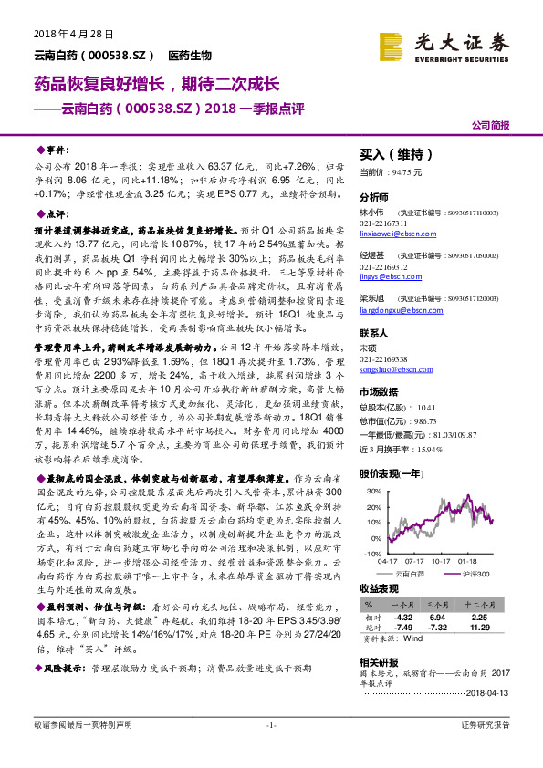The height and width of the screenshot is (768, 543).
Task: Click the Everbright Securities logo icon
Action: [x=392, y=45]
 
